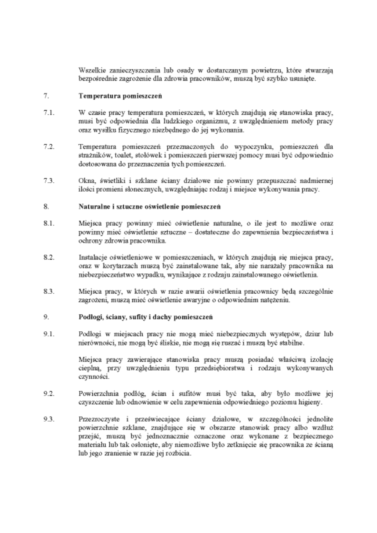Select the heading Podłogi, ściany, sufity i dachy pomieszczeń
point(146,317)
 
